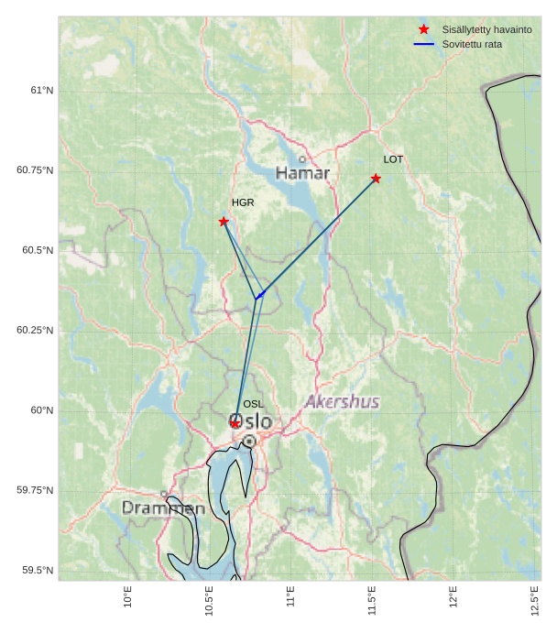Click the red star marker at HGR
tap(224, 222)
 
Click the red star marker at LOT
tap(376, 178)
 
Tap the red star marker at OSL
tap(235, 423)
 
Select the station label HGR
tap(243, 202)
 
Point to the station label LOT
tap(393, 159)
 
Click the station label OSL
tap(253, 404)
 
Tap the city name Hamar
tap(302, 173)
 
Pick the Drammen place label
tap(163, 507)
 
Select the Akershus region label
tap(342, 401)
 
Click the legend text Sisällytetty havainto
tap(486, 30)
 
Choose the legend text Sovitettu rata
tap(472, 44)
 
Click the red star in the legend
tap(423, 29)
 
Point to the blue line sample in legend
tap(423, 44)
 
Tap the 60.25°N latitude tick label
tap(35, 330)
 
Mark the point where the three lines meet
tap(256, 299)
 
